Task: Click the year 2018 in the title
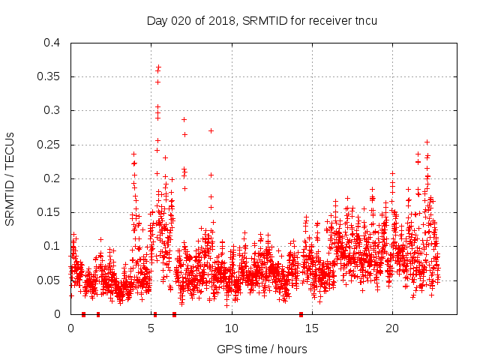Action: (x=217, y=20)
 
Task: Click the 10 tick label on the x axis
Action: (x=231, y=328)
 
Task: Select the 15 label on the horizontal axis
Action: (x=311, y=328)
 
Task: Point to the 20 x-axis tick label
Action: (x=391, y=328)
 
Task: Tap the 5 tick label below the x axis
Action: (x=151, y=328)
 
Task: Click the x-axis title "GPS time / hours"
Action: (x=262, y=349)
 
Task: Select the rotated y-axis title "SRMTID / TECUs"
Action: (x=10, y=178)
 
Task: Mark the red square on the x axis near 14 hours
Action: (x=301, y=314)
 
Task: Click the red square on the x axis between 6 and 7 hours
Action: (x=174, y=314)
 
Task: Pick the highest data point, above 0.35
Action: (x=158, y=67)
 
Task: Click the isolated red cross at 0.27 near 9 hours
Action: (x=211, y=130)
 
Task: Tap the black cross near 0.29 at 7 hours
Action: (x=184, y=119)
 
